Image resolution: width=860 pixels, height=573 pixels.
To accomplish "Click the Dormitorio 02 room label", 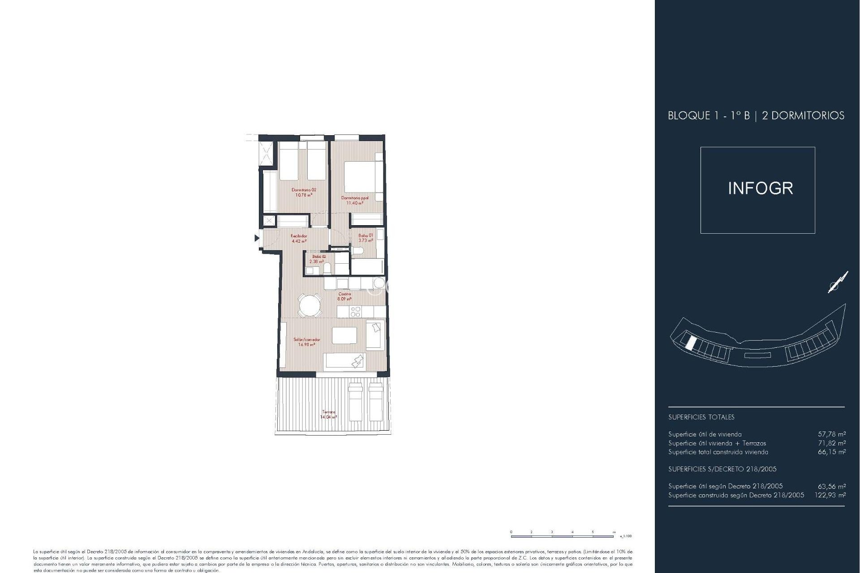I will [x=304, y=192].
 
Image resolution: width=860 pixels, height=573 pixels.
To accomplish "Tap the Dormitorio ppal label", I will [x=355, y=200].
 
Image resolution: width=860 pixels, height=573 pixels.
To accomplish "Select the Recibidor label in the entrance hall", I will [x=299, y=238].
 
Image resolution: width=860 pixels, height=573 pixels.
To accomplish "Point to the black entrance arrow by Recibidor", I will [x=257, y=238].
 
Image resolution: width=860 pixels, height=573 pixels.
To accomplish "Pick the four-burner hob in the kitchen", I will [x=356, y=312].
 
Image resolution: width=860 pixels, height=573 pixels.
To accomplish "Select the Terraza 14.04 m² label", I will [x=328, y=415].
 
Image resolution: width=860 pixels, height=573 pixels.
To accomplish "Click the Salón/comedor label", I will [x=307, y=342].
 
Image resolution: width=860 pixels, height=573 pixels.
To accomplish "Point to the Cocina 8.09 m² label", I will [x=344, y=296].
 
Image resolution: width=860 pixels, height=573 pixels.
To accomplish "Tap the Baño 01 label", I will [x=365, y=238].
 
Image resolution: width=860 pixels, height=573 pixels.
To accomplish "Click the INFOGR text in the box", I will [x=760, y=188].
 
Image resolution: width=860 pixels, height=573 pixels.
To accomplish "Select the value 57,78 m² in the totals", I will [x=832, y=434].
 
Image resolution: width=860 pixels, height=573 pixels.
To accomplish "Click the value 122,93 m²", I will [x=830, y=495].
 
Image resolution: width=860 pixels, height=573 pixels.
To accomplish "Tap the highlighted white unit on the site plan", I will [x=691, y=343].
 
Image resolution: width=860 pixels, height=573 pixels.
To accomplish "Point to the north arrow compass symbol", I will [x=838, y=282].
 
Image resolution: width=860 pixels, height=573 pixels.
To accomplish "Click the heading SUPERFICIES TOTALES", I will [x=701, y=417].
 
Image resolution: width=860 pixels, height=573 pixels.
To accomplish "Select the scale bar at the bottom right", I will [x=563, y=536].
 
